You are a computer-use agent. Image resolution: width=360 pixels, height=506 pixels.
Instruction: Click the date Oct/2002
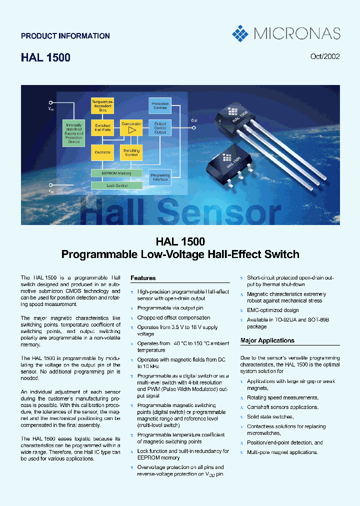[x=325, y=56]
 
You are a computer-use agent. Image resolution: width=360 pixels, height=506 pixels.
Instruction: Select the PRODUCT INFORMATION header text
[x=65, y=36]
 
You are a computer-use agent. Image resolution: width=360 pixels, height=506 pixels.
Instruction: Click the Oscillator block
[x=102, y=152]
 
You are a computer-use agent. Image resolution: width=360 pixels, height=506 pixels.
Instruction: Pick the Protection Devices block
[x=160, y=105]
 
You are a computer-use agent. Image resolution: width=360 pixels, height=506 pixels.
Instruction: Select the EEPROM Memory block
[x=116, y=173]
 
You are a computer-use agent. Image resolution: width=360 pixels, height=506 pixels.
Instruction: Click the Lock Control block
[x=116, y=185]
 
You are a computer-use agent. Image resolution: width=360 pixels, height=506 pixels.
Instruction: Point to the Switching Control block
[x=131, y=152]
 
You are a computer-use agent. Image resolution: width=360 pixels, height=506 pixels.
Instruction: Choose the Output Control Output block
[x=160, y=128]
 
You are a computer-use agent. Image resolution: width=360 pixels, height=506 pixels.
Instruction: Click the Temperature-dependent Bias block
[x=102, y=105]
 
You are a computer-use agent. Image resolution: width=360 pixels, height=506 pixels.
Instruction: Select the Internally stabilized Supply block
[x=74, y=133]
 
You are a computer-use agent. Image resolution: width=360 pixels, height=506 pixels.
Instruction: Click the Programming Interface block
[x=160, y=177]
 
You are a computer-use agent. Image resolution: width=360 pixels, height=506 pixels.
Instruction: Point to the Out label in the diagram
[x=194, y=120]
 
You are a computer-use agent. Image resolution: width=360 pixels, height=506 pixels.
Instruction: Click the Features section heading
[x=143, y=278]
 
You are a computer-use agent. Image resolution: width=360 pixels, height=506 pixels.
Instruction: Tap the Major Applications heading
[x=267, y=340]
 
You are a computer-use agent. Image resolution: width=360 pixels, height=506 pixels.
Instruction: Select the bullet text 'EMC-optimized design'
[x=272, y=310]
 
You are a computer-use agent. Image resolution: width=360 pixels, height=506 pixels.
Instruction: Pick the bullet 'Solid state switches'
[x=270, y=416]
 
